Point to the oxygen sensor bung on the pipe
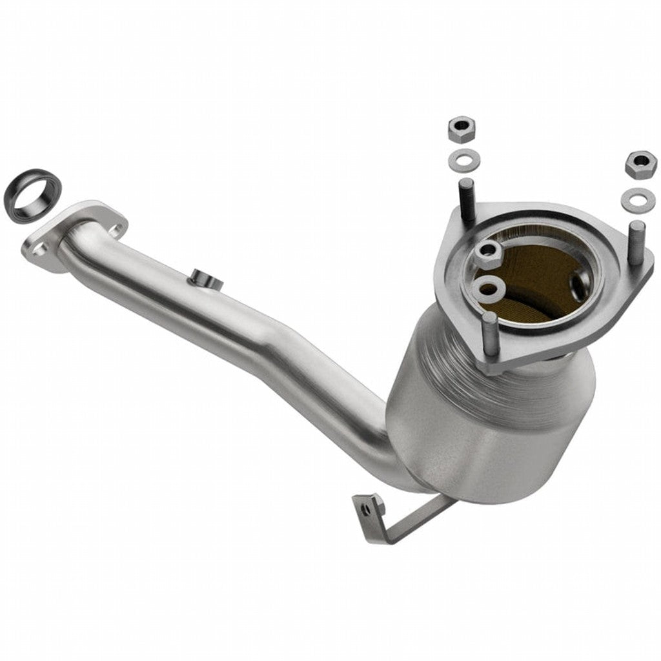[203, 280]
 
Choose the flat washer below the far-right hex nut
[638, 199]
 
